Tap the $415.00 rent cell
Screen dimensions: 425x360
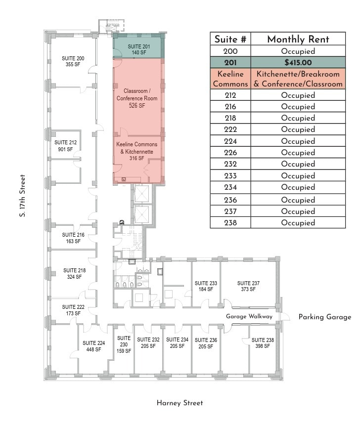click(298, 63)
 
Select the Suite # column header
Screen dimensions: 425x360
click(230, 40)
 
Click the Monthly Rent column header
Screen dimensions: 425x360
click(298, 40)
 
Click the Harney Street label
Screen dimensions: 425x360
click(180, 403)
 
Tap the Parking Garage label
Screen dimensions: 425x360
click(324, 317)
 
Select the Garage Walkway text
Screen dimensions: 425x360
click(249, 316)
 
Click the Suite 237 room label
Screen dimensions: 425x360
click(248, 286)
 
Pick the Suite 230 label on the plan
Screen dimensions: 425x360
click(124, 344)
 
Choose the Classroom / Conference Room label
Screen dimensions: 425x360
click(137, 98)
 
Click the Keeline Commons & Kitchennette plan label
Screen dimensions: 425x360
click(137, 151)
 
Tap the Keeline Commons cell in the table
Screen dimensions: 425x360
click(230, 79)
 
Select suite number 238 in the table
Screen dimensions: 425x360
click(230, 223)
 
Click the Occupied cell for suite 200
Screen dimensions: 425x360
click(298, 51)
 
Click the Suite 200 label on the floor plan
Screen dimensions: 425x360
click(73, 61)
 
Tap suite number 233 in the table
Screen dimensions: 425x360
click(230, 176)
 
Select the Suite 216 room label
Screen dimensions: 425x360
click(73, 238)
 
